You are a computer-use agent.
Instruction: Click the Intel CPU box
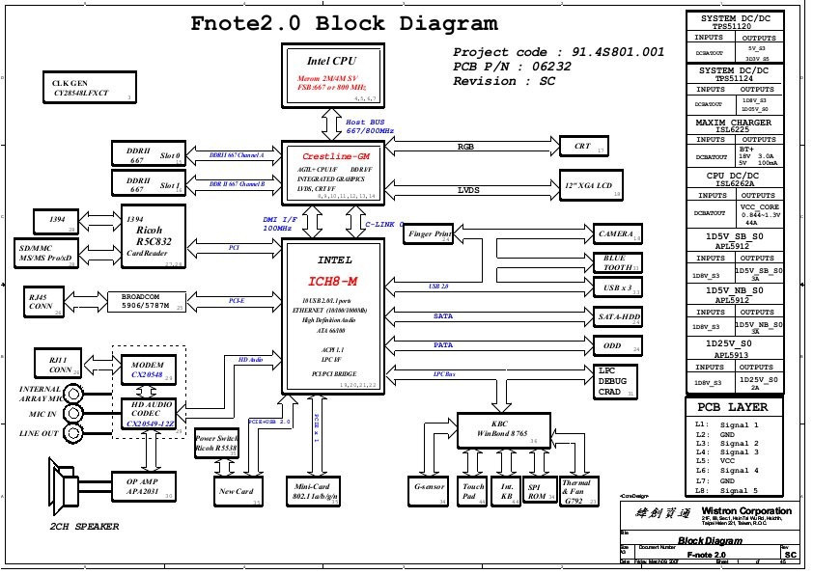pyautogui.click(x=332, y=73)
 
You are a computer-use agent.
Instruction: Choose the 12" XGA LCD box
pyautogui.click(x=591, y=185)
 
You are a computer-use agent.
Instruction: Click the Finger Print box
pyautogui.click(x=430, y=234)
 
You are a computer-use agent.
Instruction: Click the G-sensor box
pyautogui.click(x=429, y=491)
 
